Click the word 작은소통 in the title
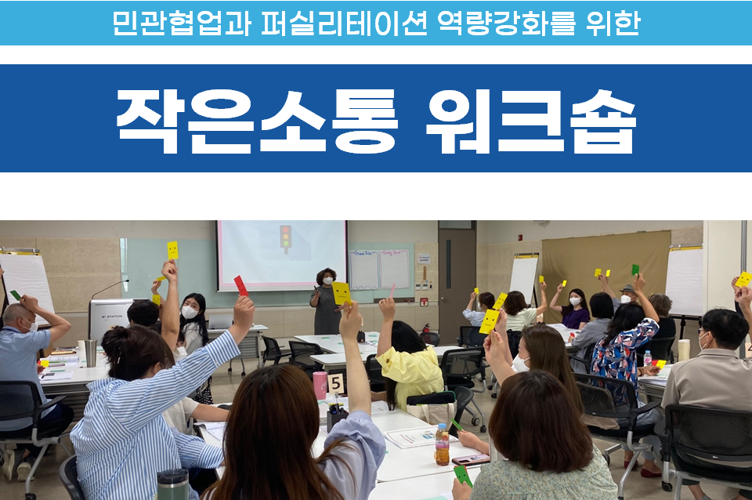click(257, 121)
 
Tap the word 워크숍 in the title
click(531, 121)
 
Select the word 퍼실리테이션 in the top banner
click(344, 23)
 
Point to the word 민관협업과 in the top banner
click(181, 23)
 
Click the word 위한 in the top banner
click(613, 23)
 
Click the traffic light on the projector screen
click(286, 238)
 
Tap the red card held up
click(240, 285)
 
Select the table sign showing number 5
click(336, 383)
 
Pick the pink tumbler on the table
click(320, 385)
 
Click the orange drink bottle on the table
click(442, 444)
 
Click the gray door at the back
click(457, 279)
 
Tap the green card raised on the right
click(635, 270)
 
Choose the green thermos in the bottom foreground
click(173, 484)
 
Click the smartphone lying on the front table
click(471, 460)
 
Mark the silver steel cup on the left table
click(91, 353)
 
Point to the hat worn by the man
click(627, 289)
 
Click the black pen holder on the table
click(337, 418)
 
